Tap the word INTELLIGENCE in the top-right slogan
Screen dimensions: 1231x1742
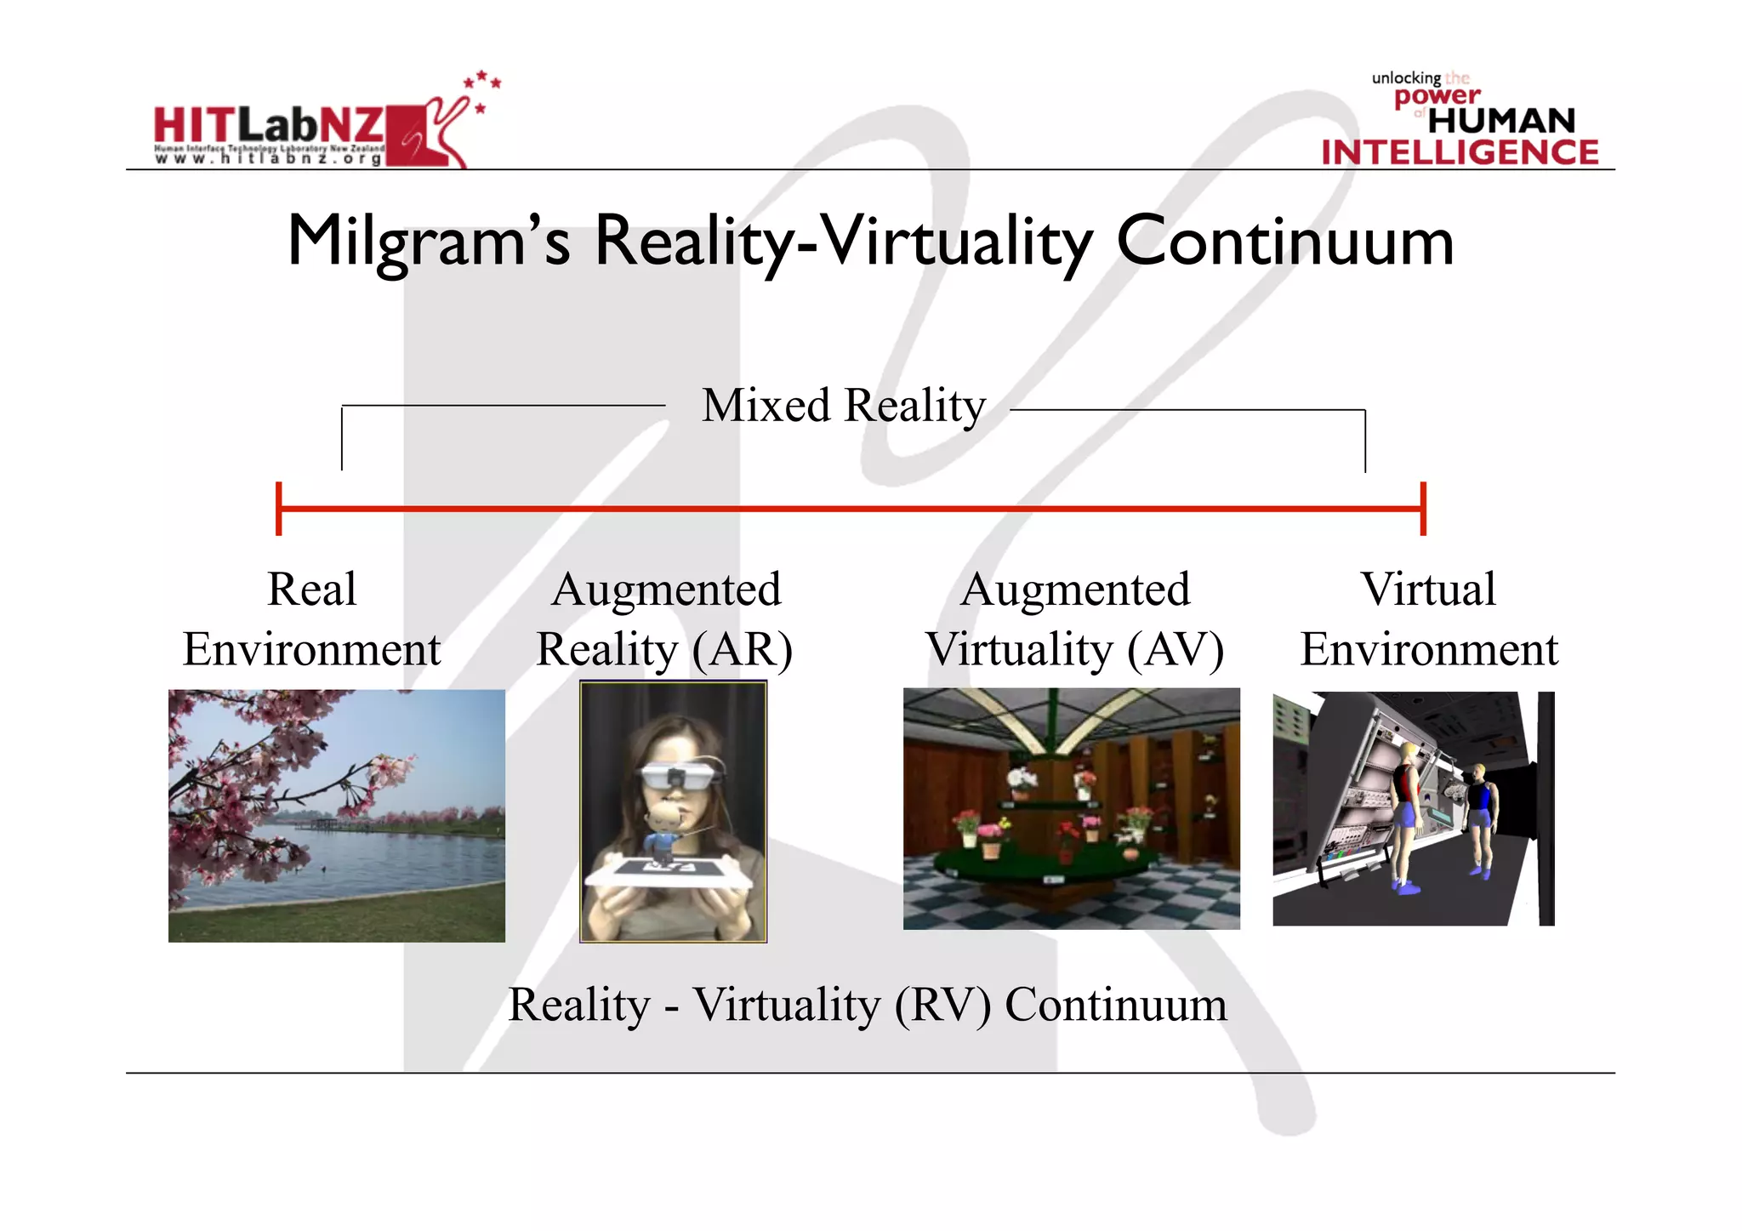(x=1460, y=152)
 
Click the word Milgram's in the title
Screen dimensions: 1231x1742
(x=429, y=242)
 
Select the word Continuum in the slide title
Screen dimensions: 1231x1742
(x=1284, y=242)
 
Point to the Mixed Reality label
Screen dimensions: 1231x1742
(x=843, y=406)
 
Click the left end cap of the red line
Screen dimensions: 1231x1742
(x=279, y=509)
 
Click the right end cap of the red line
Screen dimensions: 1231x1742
(x=1423, y=509)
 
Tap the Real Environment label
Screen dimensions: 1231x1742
(x=312, y=619)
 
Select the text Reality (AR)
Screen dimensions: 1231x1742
(x=664, y=650)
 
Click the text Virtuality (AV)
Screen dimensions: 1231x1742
(x=1074, y=650)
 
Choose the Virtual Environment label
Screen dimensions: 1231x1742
(x=1429, y=619)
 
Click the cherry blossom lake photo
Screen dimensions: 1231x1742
(x=337, y=815)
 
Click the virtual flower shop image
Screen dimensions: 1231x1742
(x=1071, y=808)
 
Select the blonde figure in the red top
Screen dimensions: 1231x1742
(x=1404, y=817)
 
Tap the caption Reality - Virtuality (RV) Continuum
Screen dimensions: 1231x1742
(x=868, y=1005)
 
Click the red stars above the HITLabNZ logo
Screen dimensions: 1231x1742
(x=482, y=85)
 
